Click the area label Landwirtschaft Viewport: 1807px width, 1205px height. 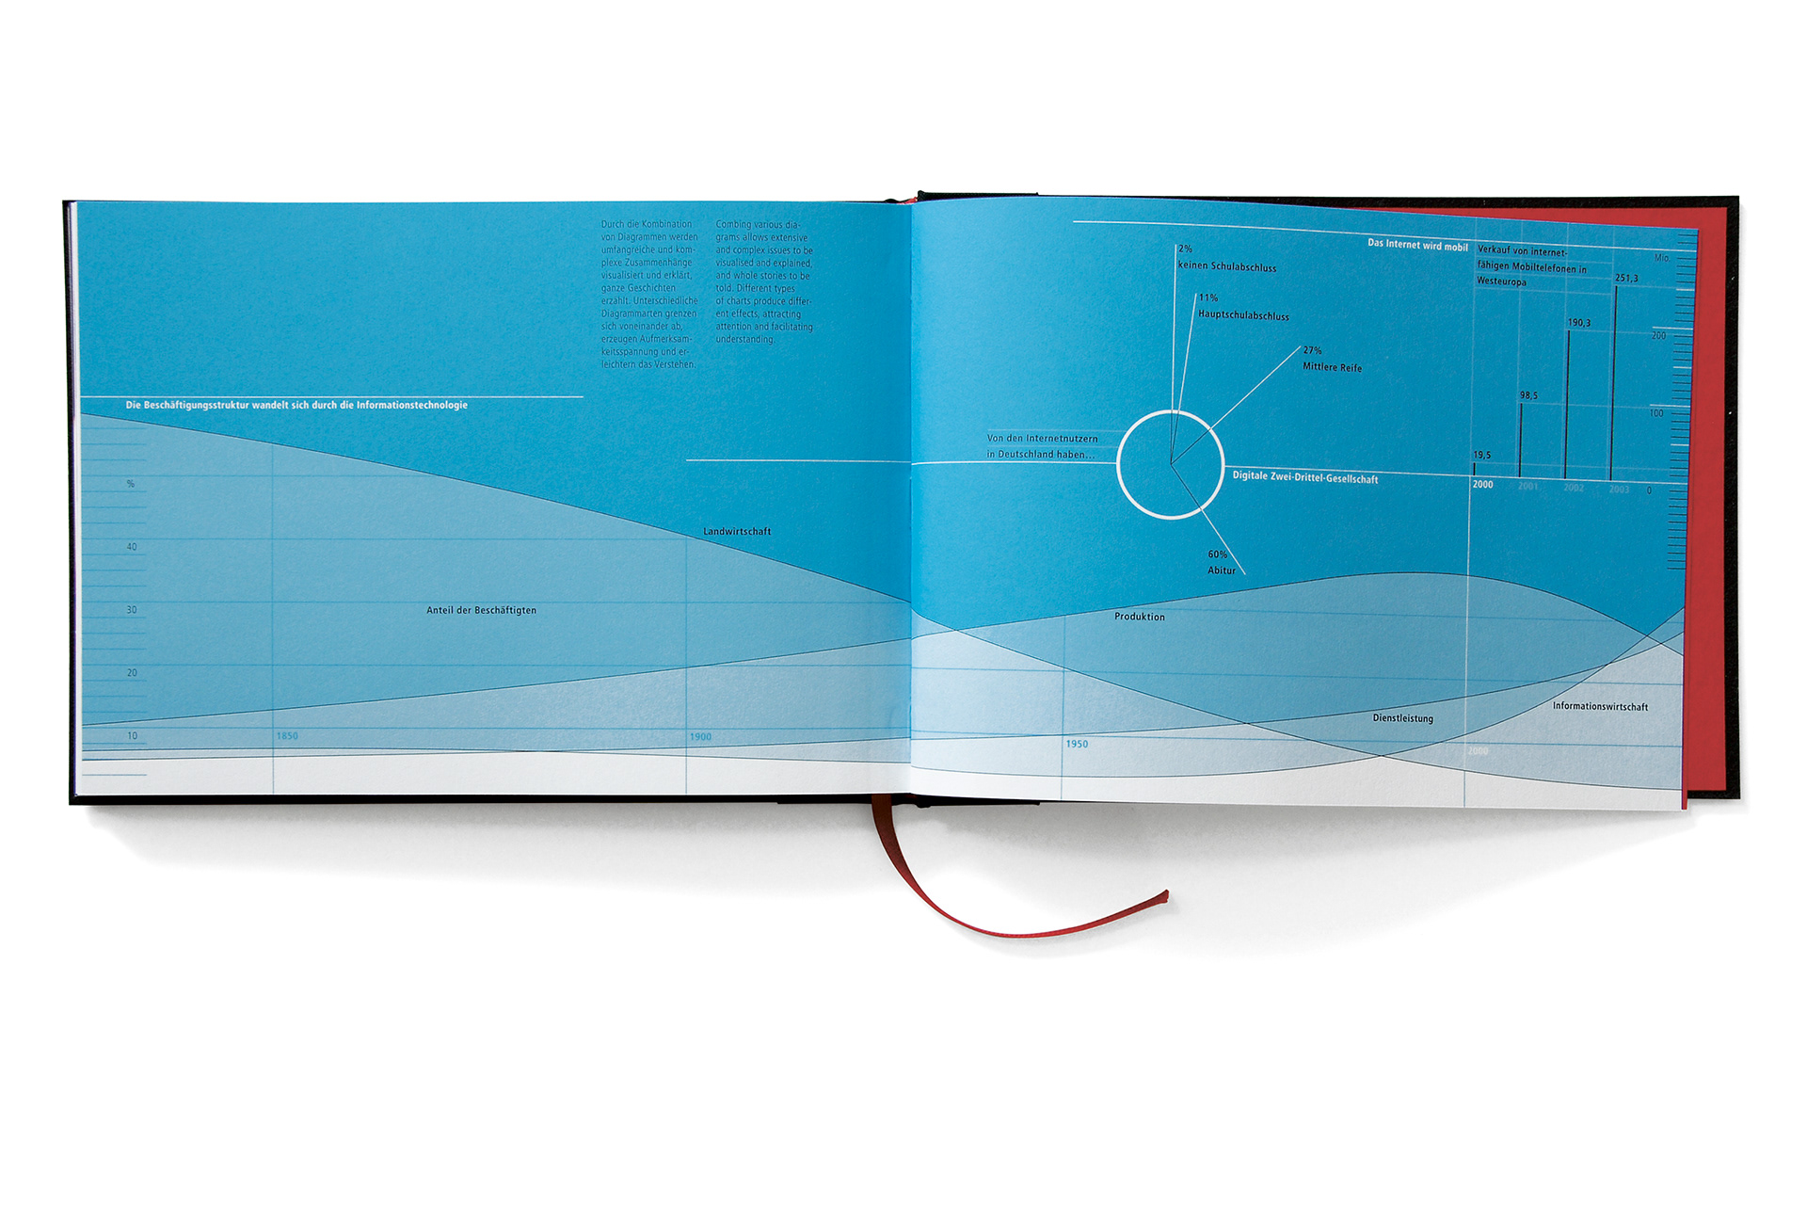(737, 532)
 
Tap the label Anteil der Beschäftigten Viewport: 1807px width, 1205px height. (481, 611)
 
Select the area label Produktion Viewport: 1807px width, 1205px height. (1139, 618)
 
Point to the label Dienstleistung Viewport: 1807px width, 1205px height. (1402, 719)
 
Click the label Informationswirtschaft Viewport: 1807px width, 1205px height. (1600, 707)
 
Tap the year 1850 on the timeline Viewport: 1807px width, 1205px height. (287, 736)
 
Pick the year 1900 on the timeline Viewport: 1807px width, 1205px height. (700, 737)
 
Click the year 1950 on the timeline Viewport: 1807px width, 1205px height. (1077, 745)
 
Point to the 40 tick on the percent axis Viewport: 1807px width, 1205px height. (132, 547)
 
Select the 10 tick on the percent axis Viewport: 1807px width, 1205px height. (132, 736)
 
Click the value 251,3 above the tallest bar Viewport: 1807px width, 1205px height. (1626, 279)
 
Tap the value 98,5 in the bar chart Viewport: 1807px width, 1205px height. (1528, 396)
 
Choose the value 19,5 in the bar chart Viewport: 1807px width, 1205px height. (1481, 456)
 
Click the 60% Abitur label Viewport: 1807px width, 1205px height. (1221, 563)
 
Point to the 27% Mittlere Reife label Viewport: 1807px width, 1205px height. (1331, 360)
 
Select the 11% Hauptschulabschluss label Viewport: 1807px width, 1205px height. (1242, 308)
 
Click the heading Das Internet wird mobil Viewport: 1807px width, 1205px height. (1417, 246)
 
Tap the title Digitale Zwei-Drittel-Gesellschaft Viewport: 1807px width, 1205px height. (1304, 478)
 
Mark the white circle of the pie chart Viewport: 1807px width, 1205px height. (1119, 465)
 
